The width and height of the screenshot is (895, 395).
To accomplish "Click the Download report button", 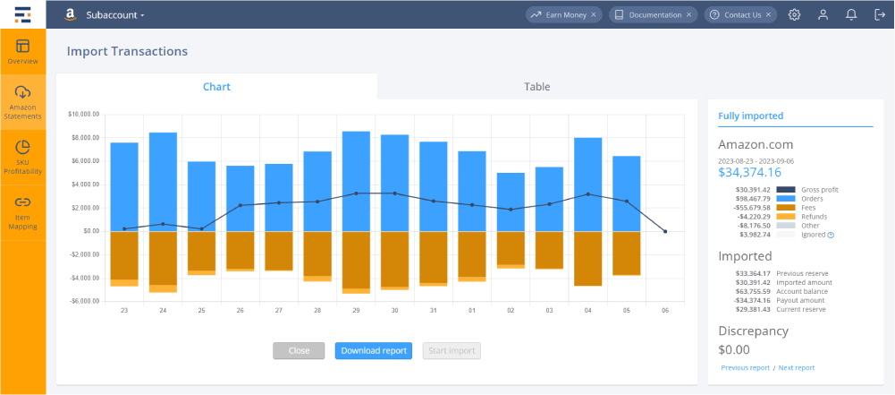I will click(375, 350).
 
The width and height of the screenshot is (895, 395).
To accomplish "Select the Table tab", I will click(536, 87).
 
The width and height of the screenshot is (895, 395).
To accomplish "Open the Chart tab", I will click(216, 87).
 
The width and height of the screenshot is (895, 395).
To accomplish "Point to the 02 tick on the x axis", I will click(511, 310).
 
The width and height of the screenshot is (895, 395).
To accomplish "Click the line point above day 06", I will click(665, 231).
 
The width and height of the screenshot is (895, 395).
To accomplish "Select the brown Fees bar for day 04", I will click(587, 258).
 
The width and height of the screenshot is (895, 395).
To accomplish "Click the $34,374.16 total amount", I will click(749, 172).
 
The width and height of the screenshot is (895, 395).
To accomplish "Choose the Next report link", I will click(796, 367).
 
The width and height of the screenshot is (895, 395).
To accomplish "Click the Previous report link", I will click(745, 367).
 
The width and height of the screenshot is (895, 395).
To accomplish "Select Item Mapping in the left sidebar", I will click(23, 212).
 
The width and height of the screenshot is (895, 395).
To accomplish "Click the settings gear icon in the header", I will click(794, 14).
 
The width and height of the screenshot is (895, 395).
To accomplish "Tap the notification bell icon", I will click(850, 14).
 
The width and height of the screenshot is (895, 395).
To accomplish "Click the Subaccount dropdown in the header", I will click(115, 15).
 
